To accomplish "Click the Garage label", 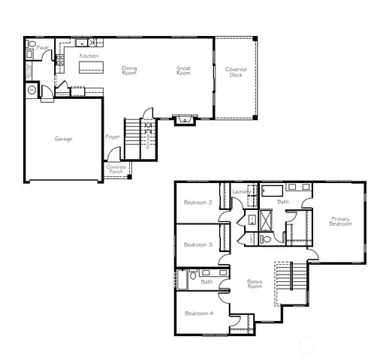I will [x=63, y=139].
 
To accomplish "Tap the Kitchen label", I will [x=89, y=56].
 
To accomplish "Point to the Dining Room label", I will [x=129, y=70].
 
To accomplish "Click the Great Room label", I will [x=183, y=70].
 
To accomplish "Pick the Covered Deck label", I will [x=236, y=72].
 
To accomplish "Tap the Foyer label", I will [x=113, y=137].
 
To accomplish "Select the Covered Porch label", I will [x=116, y=169].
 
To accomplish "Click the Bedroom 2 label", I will [x=199, y=202].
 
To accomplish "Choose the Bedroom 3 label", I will [x=199, y=244].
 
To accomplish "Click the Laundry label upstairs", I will [x=241, y=193].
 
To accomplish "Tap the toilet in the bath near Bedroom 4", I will [x=193, y=276].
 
